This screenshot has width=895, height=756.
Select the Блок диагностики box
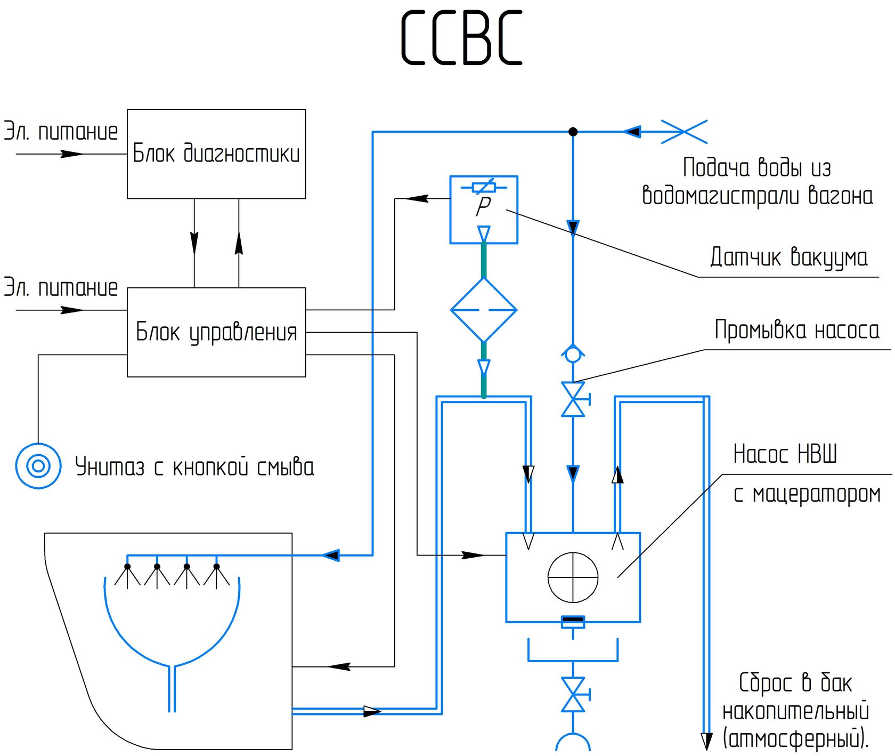pyautogui.click(x=216, y=154)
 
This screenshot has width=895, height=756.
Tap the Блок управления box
pyautogui.click(x=216, y=332)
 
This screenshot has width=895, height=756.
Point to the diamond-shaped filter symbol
pyautogui.click(x=484, y=310)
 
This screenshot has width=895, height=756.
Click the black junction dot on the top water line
pyautogui.click(x=573, y=131)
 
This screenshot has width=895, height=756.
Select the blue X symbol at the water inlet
pyautogui.click(x=684, y=131)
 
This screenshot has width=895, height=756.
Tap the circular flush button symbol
pyautogui.click(x=38, y=466)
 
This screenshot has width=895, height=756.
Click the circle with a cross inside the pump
pyautogui.click(x=573, y=577)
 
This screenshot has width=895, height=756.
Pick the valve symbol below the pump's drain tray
pyautogui.click(x=573, y=695)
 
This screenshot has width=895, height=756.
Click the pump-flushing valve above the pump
pyautogui.click(x=573, y=399)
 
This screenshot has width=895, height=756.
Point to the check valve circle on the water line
pyautogui.click(x=573, y=354)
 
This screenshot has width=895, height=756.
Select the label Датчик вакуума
pyautogui.click(x=788, y=258)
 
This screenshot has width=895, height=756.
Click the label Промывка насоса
pyautogui.click(x=796, y=330)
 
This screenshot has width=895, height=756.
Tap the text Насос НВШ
pyautogui.click(x=785, y=454)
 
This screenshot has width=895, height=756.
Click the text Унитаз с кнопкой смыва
pyautogui.click(x=194, y=467)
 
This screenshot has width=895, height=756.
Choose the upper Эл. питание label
pyautogui.click(x=61, y=132)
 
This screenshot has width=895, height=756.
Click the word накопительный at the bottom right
pyautogui.click(x=795, y=711)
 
